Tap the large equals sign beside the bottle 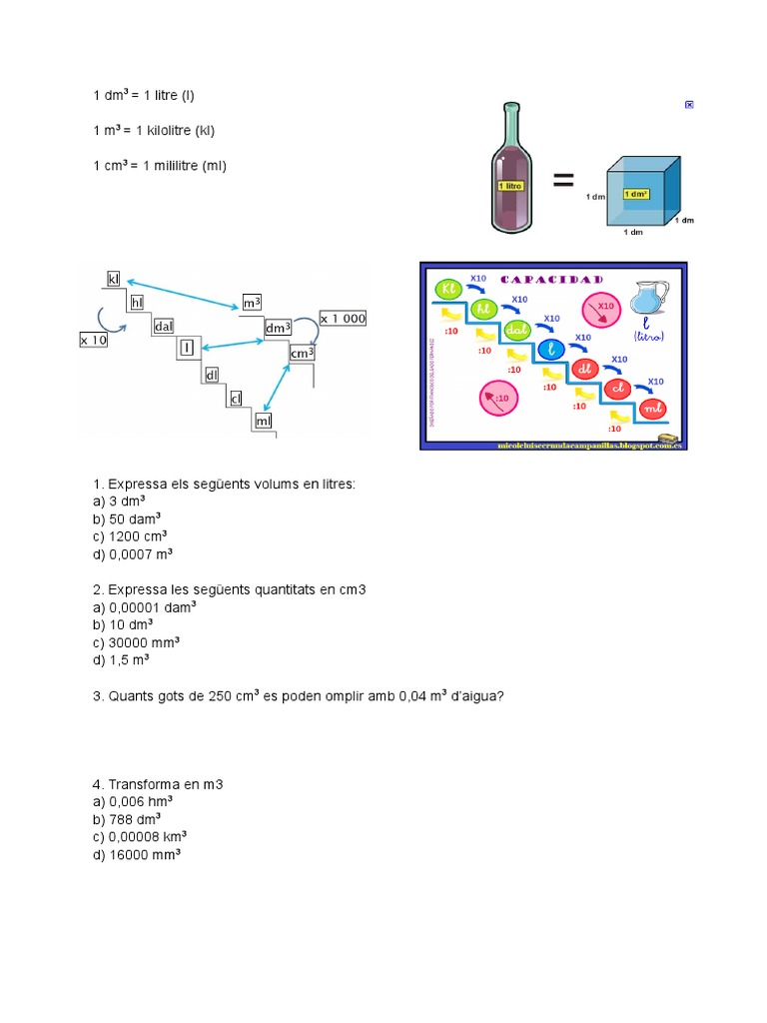pos(563,181)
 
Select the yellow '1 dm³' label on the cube pos(635,193)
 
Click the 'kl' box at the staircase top pos(114,277)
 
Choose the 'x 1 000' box pos(343,319)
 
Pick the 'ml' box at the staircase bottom pos(264,421)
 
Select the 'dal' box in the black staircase pos(164,326)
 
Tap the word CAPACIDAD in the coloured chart pos(551,280)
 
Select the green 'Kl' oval pos(448,290)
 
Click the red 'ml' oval pos(652,408)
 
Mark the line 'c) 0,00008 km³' pos(140,837)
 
